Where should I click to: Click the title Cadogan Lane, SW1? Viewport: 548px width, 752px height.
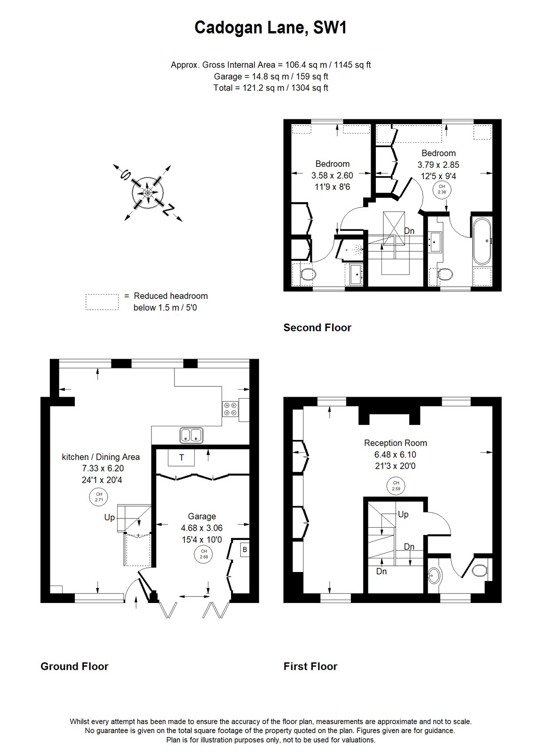point(270,28)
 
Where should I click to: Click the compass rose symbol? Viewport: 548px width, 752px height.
point(148,193)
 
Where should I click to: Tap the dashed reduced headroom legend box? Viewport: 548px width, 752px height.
point(102,302)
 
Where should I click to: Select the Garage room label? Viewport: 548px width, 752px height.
point(202,517)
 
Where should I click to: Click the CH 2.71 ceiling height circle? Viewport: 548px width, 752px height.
point(99,497)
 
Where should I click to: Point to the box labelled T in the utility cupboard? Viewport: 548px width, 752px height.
point(181,457)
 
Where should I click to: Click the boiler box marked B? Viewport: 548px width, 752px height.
point(245,550)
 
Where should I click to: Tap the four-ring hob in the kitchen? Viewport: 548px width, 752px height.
point(230,409)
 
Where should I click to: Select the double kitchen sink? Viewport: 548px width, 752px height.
point(191,435)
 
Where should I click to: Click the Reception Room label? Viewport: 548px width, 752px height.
point(396,443)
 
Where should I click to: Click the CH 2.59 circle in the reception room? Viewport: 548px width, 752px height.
point(396,486)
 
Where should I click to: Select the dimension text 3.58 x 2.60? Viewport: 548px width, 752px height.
point(332,176)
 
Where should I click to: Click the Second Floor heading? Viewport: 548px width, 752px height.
point(317,328)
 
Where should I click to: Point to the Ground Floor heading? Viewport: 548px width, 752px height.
point(74,666)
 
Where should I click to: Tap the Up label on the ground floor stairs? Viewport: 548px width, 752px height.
point(110,517)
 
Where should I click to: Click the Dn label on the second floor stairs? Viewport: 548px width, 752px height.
point(409,231)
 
